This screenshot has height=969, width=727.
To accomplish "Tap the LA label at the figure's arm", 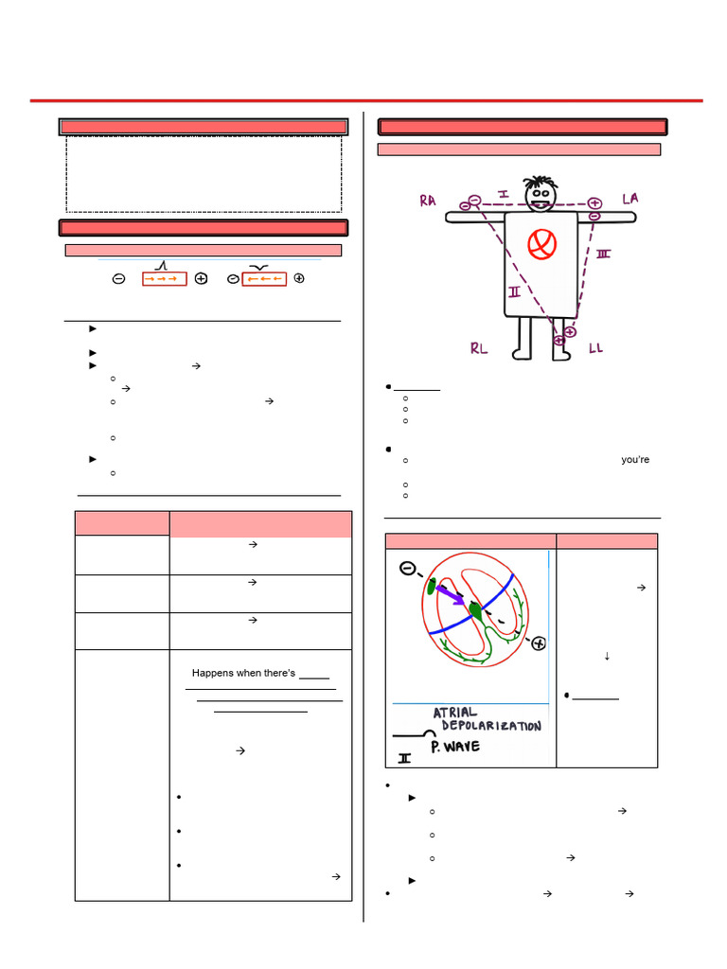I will tap(630, 198).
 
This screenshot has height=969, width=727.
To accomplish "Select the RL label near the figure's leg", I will tap(479, 348).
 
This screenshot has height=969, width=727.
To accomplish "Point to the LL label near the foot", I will tap(595, 348).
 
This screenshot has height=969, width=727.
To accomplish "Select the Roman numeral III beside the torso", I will tap(603, 255).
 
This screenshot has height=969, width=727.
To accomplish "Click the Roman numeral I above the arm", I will tap(504, 194).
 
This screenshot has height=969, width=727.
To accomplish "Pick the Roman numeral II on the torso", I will tap(514, 292).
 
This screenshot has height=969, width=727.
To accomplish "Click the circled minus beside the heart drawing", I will tap(407, 570).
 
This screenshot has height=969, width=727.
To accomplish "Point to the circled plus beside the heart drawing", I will tap(538, 644).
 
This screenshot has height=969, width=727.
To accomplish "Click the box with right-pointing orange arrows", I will tap(164, 279).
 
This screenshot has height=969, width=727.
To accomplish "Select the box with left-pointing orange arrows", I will tap(264, 279).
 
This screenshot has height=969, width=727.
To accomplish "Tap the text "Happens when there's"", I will tap(243, 674).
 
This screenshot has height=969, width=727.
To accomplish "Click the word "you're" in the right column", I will tap(636, 460).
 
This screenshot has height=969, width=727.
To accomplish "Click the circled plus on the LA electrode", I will tap(594, 203).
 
